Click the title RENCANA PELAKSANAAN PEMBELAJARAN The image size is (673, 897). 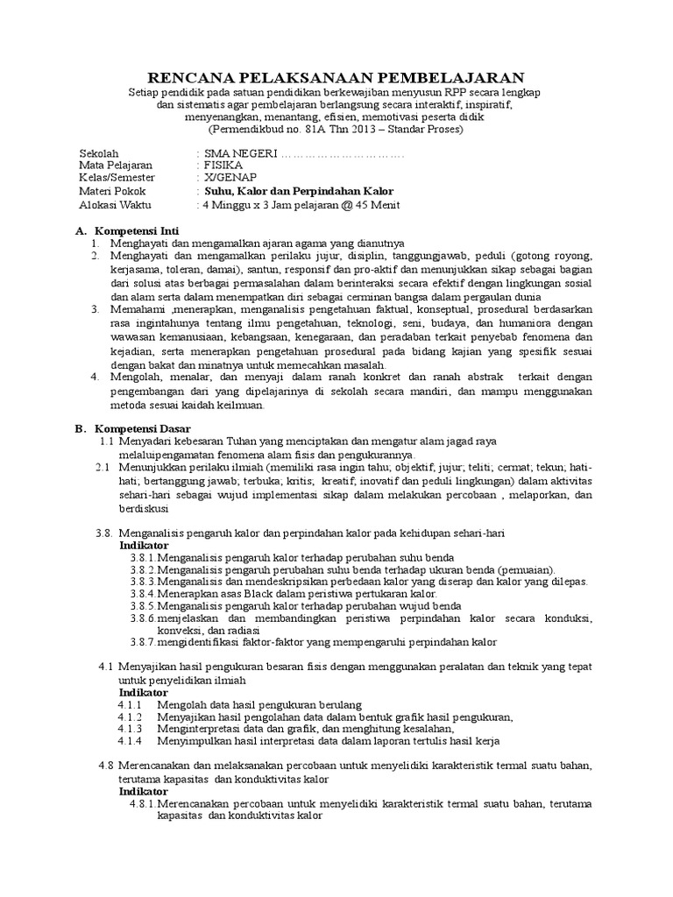[x=336, y=77]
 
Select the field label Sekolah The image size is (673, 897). [x=99, y=152]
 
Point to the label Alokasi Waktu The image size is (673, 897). [x=116, y=205]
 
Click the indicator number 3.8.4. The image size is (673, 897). [x=144, y=593]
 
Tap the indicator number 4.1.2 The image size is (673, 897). [x=130, y=716]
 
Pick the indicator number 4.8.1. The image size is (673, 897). [x=143, y=803]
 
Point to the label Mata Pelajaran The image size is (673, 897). [x=116, y=165]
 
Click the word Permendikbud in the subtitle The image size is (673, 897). [x=253, y=129]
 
